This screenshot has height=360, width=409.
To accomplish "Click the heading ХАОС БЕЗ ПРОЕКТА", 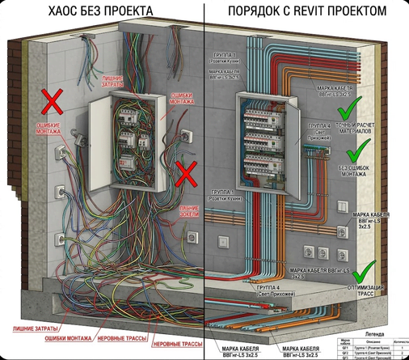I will click(x=100, y=11).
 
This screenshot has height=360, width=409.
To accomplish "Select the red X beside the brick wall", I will click(x=53, y=101).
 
